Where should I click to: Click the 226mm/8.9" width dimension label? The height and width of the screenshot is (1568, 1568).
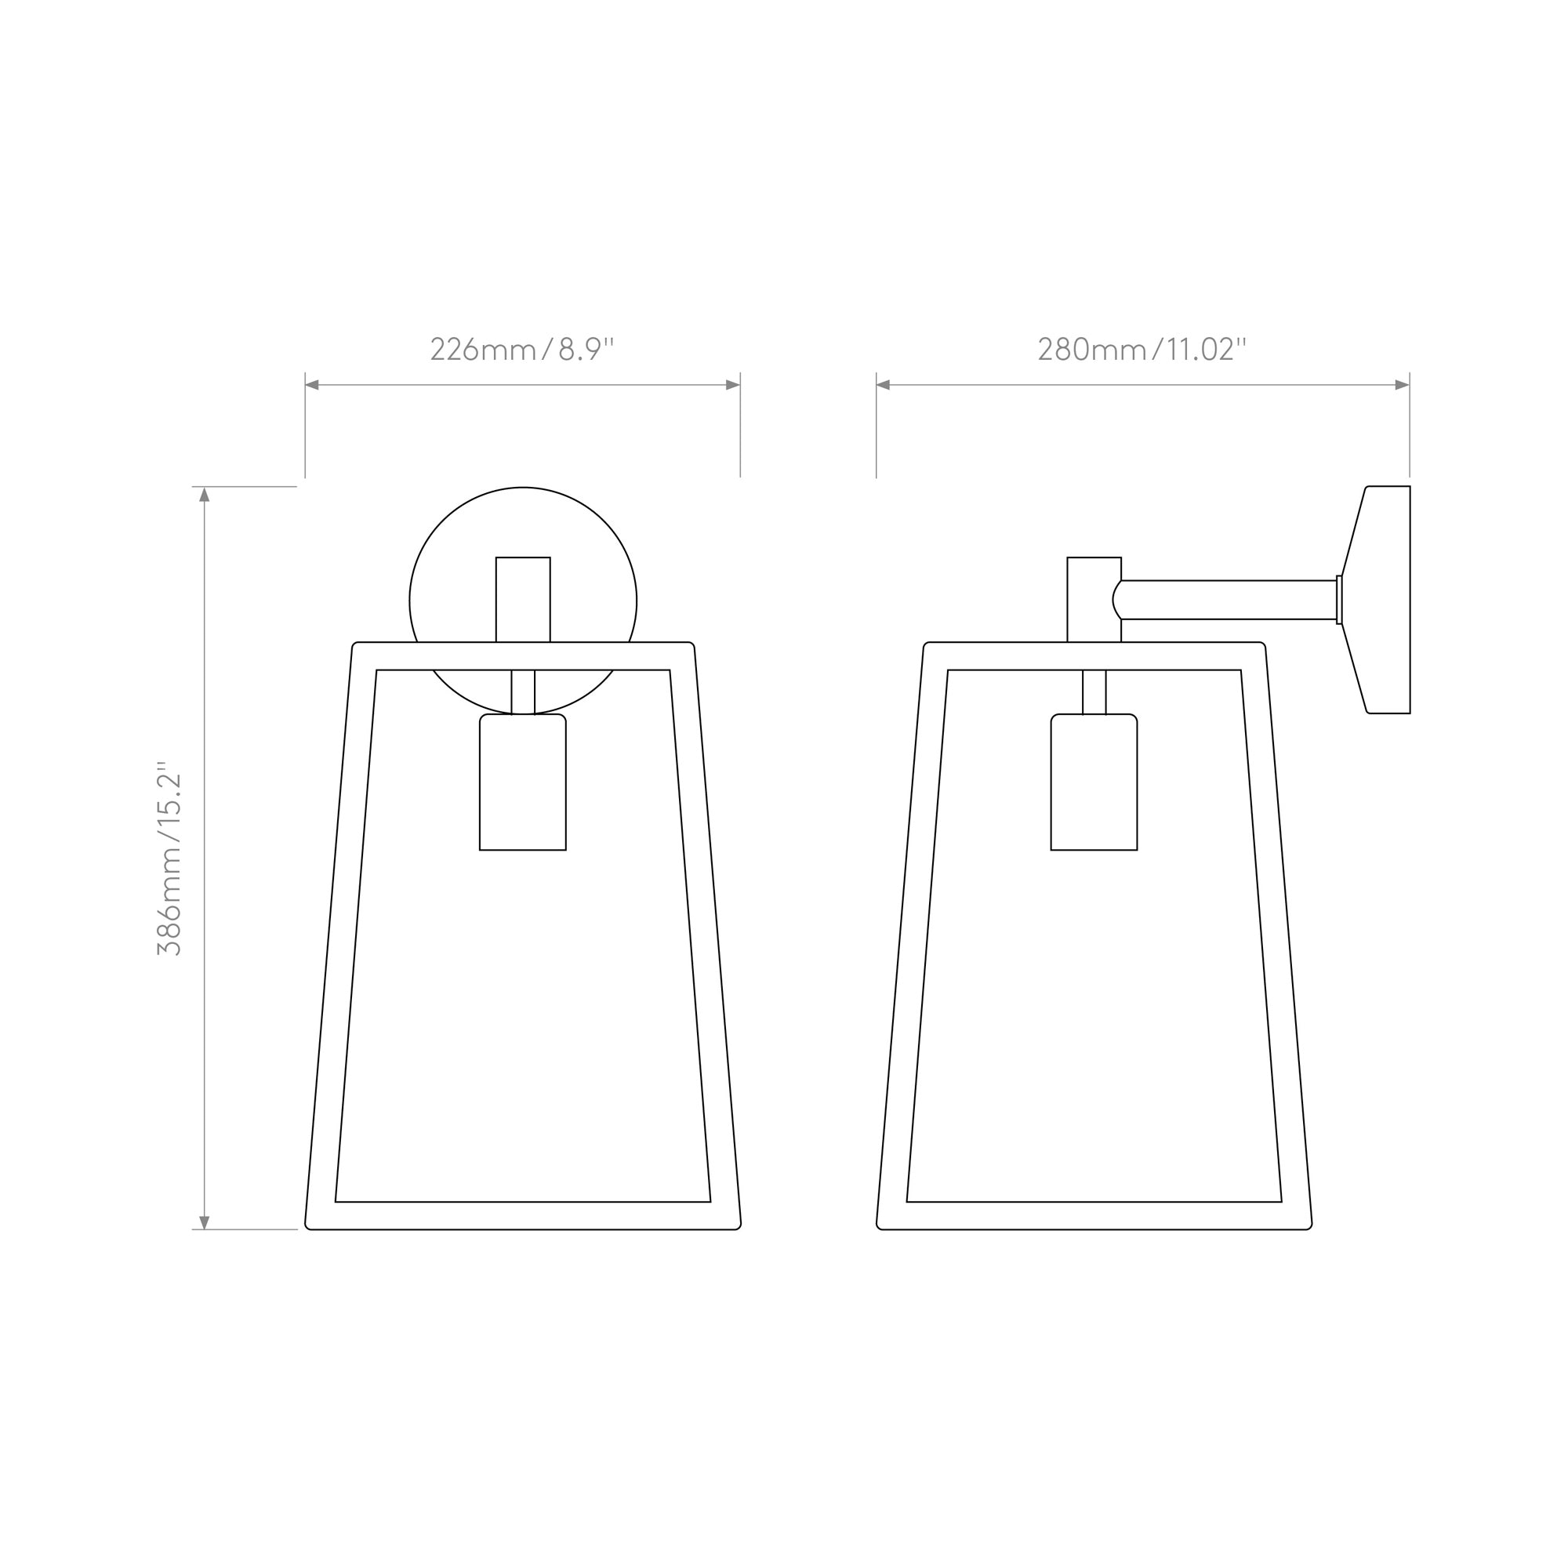(x=522, y=349)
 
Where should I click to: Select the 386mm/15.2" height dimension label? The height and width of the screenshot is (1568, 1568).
(x=169, y=858)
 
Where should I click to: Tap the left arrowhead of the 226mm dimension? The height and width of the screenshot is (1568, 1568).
(x=312, y=385)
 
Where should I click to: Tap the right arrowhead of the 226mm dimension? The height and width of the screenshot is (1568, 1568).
(x=733, y=385)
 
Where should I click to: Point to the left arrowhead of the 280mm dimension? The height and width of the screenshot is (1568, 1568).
(x=884, y=385)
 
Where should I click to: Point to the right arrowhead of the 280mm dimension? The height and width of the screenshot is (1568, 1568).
(x=1403, y=385)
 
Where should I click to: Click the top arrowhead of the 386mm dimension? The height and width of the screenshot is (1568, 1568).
(x=205, y=494)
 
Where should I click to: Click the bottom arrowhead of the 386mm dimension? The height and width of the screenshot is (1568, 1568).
(x=205, y=1222)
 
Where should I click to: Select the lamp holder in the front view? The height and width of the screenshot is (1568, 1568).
(x=523, y=782)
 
